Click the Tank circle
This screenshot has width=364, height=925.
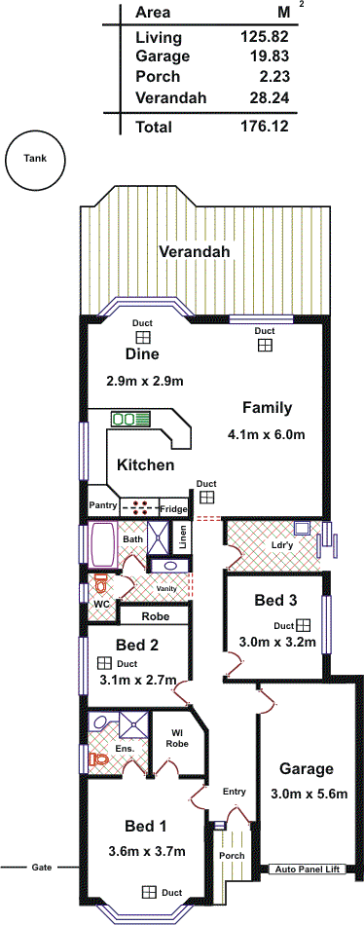click(35, 161)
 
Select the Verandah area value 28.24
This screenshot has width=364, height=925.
click(265, 98)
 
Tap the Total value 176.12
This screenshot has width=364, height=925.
click(265, 127)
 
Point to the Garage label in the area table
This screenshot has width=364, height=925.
click(163, 56)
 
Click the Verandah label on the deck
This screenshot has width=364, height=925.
click(194, 252)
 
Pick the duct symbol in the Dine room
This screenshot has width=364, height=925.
click(142, 337)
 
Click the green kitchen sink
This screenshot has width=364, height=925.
click(130, 419)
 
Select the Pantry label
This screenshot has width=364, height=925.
click(103, 505)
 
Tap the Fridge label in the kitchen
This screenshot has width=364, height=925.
click(174, 508)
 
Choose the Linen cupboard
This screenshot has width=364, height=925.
click(182, 538)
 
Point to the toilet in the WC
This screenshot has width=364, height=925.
click(100, 584)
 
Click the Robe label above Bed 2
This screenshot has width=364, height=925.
click(155, 616)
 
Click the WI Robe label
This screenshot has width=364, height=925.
click(177, 739)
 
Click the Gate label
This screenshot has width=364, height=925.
click(42, 868)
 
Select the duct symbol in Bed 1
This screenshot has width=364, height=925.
click(149, 891)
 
